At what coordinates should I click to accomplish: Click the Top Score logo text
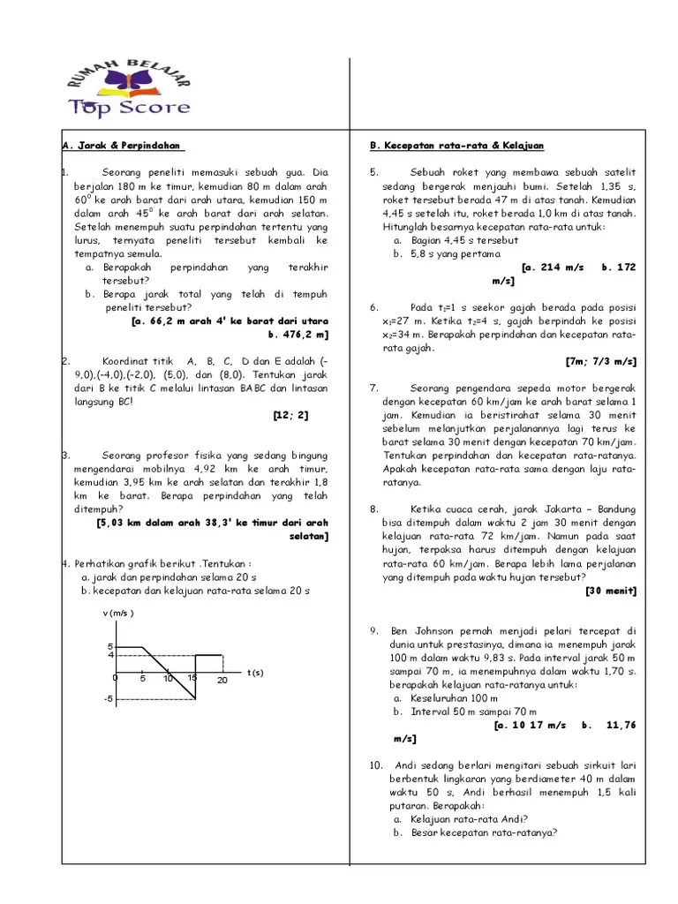coord(129,108)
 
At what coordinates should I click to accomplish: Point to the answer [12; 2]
coord(289,414)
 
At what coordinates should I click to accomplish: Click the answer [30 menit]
coord(611,591)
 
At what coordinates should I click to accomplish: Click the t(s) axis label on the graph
coord(255,673)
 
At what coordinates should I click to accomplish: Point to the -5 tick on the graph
coord(109,700)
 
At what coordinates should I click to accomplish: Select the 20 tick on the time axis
coord(222,680)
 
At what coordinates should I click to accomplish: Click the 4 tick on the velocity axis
coord(110,655)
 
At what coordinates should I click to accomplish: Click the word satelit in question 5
coord(617,171)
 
